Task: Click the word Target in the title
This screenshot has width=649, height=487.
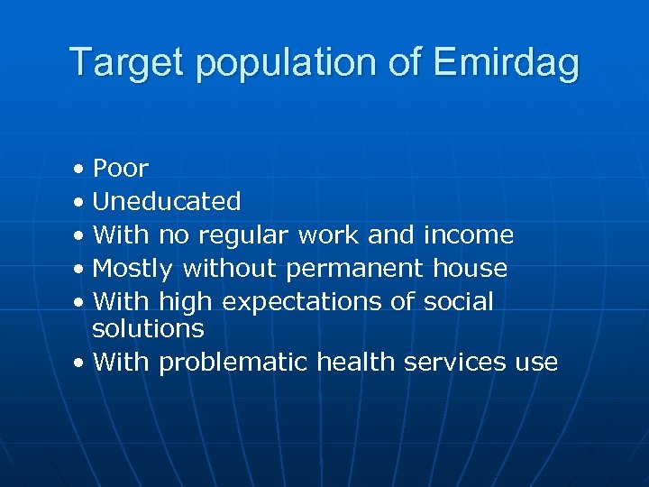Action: (x=127, y=63)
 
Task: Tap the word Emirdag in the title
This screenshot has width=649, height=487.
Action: (x=506, y=63)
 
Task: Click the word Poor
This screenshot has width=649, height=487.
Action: (x=121, y=169)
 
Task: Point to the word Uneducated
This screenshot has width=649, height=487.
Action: (x=167, y=201)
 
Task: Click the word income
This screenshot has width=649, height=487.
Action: (x=468, y=235)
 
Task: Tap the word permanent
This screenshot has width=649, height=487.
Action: (x=355, y=269)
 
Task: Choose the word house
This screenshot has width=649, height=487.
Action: (x=470, y=268)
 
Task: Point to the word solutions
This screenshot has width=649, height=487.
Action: (x=149, y=328)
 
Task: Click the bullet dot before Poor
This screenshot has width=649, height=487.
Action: (x=81, y=170)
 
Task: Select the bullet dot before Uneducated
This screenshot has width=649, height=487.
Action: (x=81, y=202)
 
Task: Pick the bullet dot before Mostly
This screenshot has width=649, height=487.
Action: (x=81, y=269)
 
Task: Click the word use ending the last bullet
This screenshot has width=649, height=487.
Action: (x=537, y=363)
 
